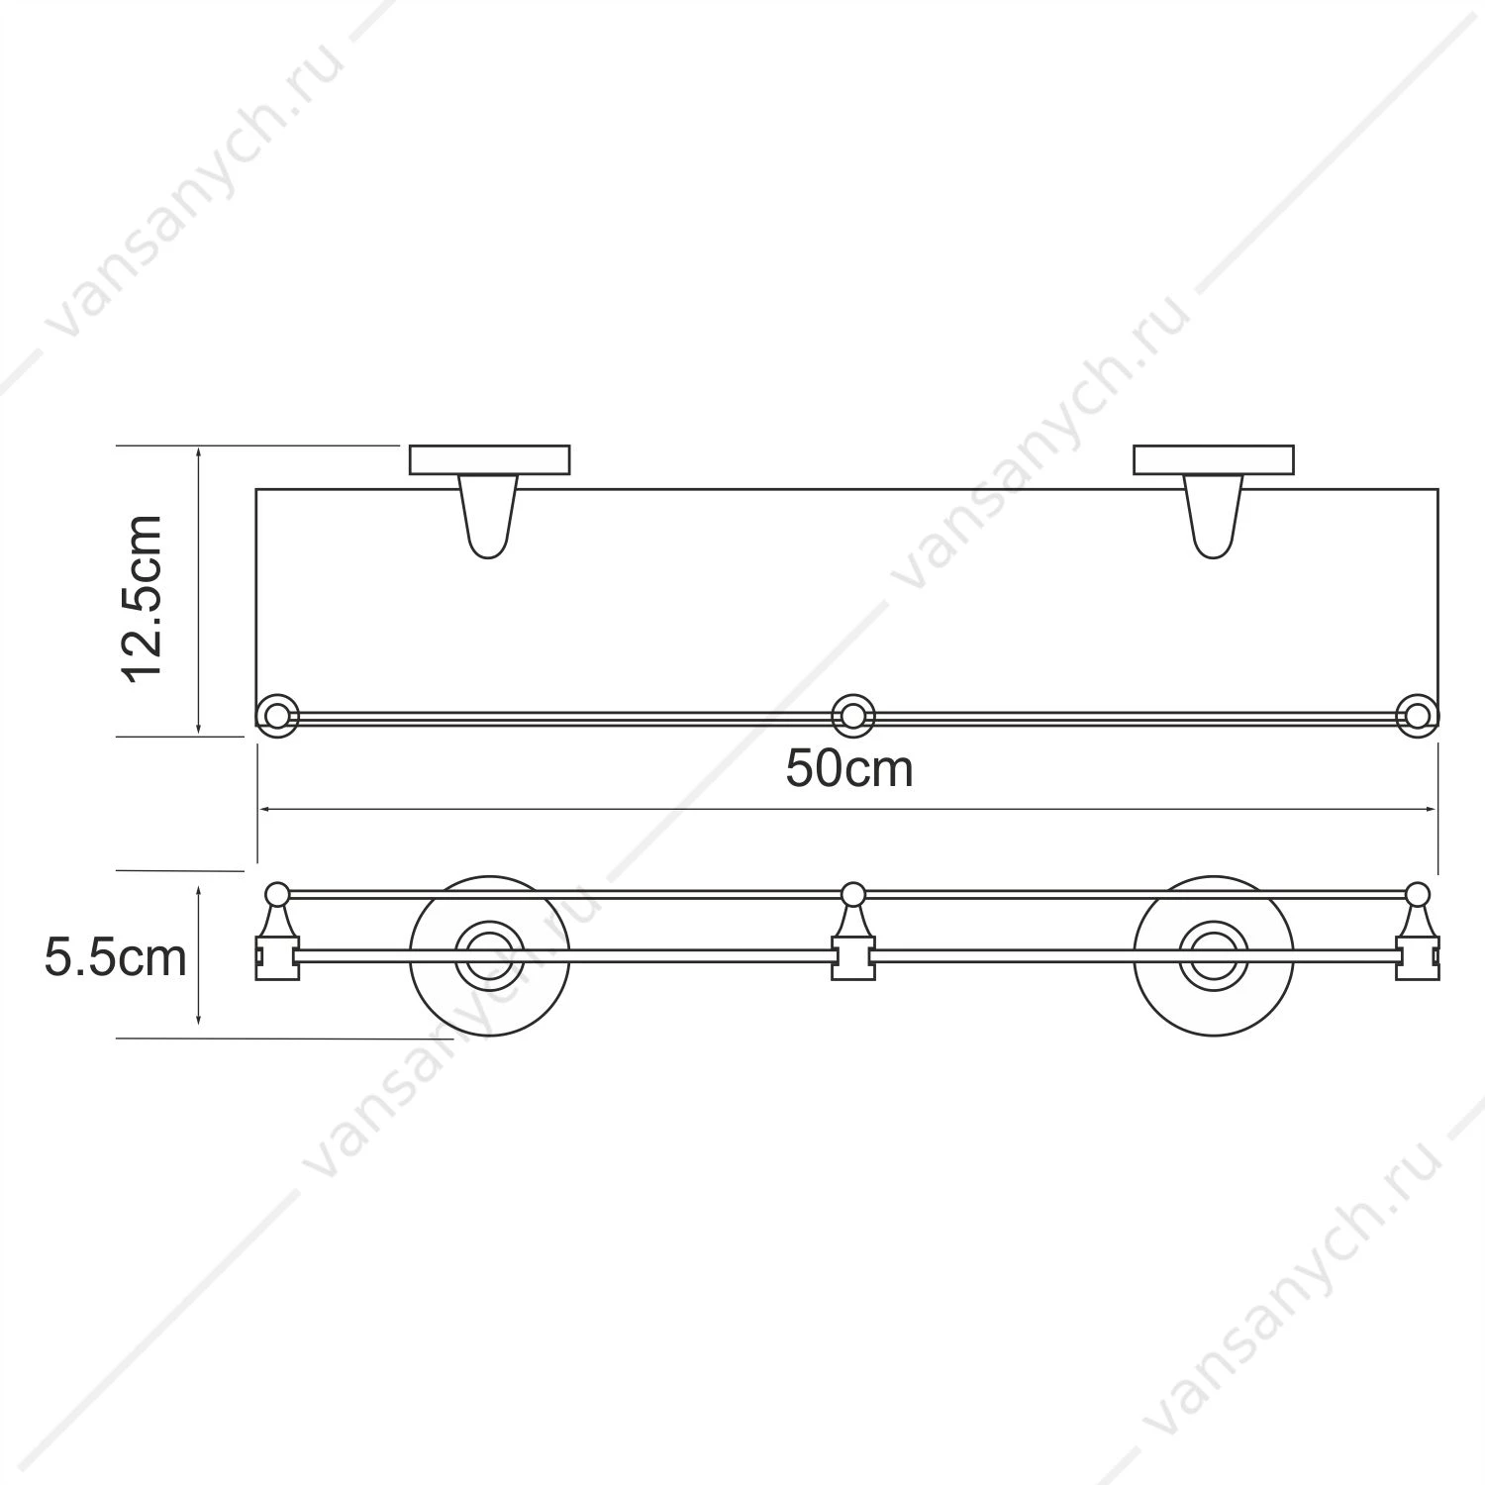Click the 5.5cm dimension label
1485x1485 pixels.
(115, 958)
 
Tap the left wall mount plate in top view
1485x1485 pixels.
(489, 460)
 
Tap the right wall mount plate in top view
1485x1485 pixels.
(1214, 460)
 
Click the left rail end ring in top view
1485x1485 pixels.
(277, 716)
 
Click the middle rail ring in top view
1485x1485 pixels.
(851, 716)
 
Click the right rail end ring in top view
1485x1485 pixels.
(1418, 716)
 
